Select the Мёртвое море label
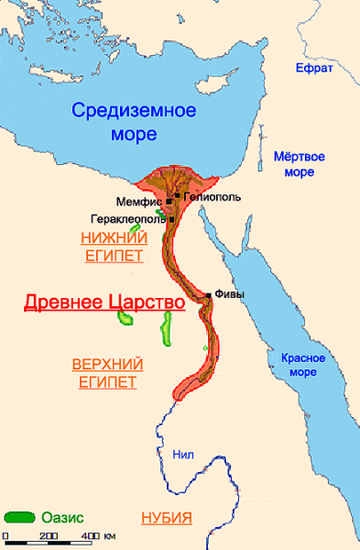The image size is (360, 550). tap(299, 163)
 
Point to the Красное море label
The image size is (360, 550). tap(299, 363)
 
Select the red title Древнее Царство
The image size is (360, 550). tap(102, 302)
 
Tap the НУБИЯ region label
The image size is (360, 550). tap(166, 518)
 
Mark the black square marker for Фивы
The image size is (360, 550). tap(210, 295)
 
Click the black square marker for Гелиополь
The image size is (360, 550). tap(177, 195)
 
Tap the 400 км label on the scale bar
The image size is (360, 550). tap(96, 535)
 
